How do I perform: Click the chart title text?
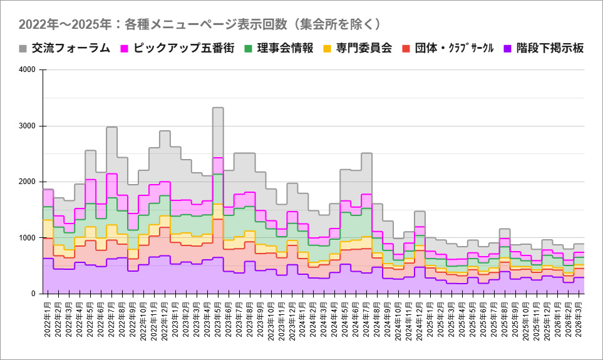tap(199, 24)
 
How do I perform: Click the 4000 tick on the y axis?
tap(28, 70)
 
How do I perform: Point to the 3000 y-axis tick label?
tap(28, 126)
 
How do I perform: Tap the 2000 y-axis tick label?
tap(28, 182)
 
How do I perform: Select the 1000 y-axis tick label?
tap(28, 238)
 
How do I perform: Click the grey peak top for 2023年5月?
tap(218, 108)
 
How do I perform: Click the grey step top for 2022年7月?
tap(111, 127)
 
